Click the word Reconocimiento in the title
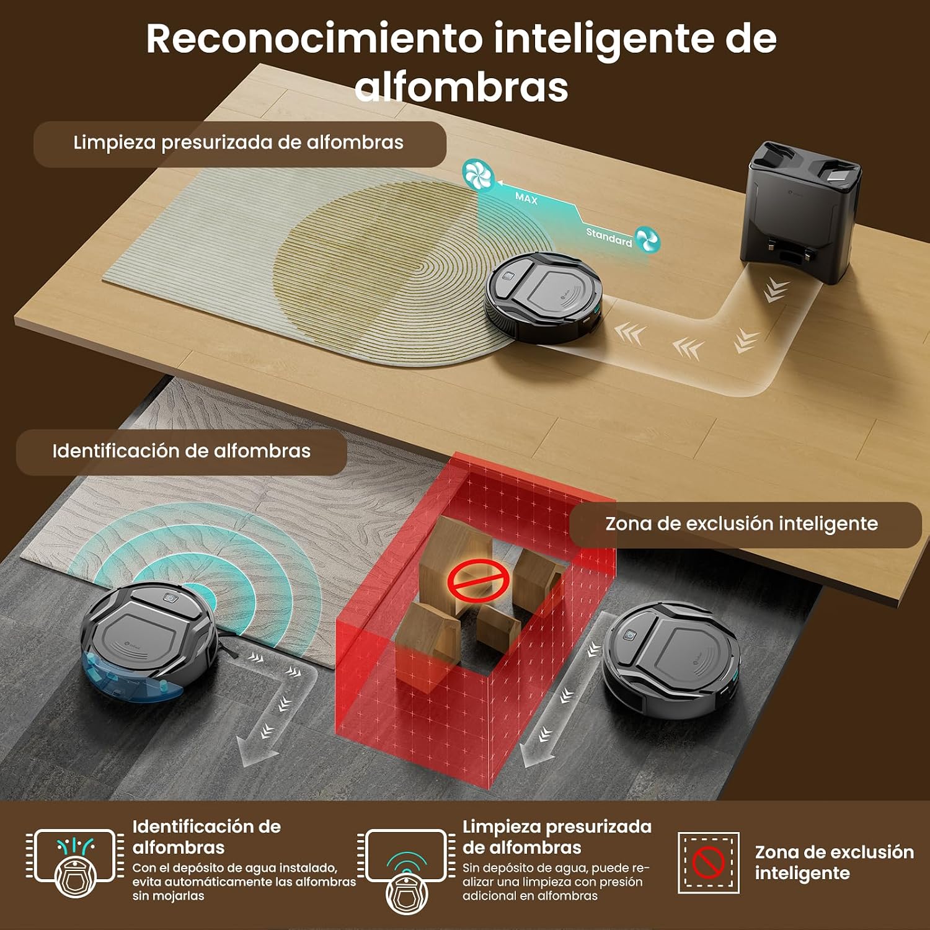click(314, 38)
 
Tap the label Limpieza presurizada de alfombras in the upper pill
click(238, 143)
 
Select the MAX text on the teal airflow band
click(526, 198)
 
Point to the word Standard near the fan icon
click(609, 237)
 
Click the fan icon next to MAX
click(478, 175)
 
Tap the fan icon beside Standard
click(648, 239)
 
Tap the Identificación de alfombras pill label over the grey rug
click(181, 451)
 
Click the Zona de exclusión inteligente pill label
click(742, 524)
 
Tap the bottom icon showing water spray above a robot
click(75, 863)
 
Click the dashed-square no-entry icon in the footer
click(709, 862)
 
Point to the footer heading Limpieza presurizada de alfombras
click(557, 837)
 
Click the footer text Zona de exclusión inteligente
click(834, 862)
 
